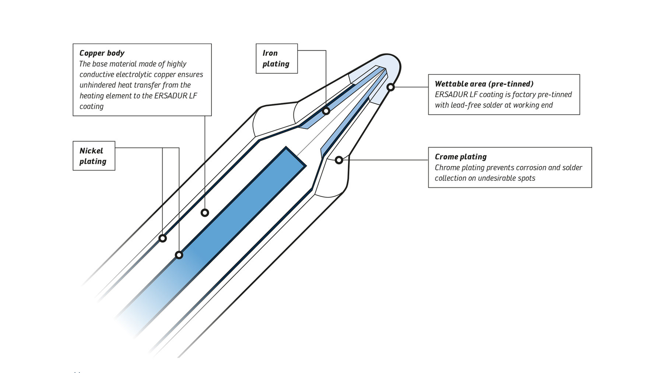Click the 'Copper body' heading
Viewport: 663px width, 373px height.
[102, 53]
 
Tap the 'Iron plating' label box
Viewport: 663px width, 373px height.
[276, 59]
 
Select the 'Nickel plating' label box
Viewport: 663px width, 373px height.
[94, 156]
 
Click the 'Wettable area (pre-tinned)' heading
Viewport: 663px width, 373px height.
[484, 84]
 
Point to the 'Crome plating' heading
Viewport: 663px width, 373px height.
[460, 157]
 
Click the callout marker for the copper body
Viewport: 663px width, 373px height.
[205, 213]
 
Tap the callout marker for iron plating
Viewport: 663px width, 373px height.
[326, 111]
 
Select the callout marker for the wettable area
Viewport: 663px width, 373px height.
[390, 87]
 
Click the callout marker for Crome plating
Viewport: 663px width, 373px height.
[339, 160]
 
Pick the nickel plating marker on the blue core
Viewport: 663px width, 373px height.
[179, 255]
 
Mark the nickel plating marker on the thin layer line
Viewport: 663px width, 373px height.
[162, 238]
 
